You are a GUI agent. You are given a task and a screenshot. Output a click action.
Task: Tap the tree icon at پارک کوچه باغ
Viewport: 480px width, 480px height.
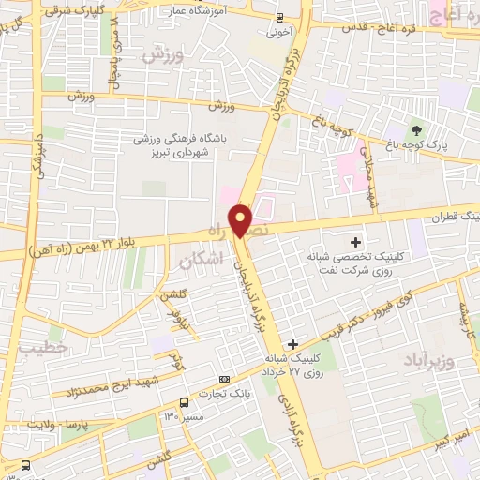pos(416,128)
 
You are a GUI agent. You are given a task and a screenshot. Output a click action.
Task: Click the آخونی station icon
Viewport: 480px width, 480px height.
pos(280,18)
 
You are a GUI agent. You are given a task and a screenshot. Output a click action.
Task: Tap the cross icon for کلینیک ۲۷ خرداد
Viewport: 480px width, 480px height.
pos(294,344)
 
